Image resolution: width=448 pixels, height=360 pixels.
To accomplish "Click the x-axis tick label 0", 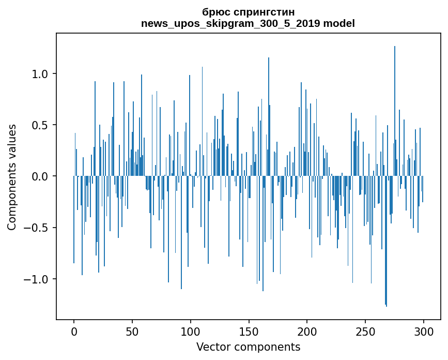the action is (x=74, y=332).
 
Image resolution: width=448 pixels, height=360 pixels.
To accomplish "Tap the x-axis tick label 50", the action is (x=132, y=332).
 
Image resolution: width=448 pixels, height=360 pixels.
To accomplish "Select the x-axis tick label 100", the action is (x=190, y=332).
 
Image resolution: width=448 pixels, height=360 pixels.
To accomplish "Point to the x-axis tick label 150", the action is (x=249, y=332).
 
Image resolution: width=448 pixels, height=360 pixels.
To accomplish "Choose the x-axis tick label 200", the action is (x=307, y=332).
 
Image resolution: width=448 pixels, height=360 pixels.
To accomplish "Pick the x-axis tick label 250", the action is (x=365, y=332).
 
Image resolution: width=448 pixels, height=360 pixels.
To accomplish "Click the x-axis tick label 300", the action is (x=423, y=332).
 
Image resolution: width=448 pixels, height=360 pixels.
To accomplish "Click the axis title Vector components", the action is (x=248, y=347).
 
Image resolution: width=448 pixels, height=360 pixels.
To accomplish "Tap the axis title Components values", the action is (x=12, y=177).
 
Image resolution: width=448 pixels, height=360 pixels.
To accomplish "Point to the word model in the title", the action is (x=339, y=23).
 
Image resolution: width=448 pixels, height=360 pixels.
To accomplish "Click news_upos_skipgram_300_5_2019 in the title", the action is (x=230, y=24).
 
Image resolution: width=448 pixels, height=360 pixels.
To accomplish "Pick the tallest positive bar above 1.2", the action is (x=395, y=111).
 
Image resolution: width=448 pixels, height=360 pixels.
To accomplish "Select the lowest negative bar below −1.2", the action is (x=387, y=242).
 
